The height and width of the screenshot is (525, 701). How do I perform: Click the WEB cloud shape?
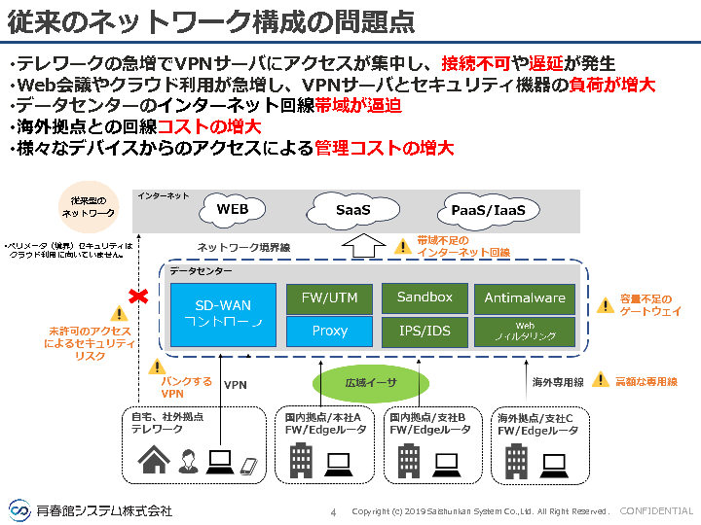click(233, 209)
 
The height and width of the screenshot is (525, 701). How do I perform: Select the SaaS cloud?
click(352, 209)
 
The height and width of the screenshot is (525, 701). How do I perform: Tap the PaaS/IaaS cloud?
click(489, 210)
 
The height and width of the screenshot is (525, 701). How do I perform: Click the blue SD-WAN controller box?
click(224, 315)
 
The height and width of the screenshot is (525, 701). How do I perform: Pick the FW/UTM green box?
click(330, 298)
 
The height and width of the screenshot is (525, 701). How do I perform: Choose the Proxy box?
click(330, 331)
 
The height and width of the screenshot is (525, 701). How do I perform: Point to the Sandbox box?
click(424, 297)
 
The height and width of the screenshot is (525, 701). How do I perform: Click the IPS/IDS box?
click(424, 331)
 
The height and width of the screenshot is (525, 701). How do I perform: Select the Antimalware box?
click(525, 298)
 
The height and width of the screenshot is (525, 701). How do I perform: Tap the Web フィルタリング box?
click(525, 331)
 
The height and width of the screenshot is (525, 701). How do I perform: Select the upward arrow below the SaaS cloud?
click(359, 245)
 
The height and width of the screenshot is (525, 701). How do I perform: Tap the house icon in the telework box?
click(155, 458)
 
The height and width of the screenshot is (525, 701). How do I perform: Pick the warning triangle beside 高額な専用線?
click(601, 380)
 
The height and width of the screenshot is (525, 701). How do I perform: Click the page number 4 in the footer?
click(333, 511)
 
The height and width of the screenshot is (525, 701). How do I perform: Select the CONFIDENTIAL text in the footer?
click(656, 511)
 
